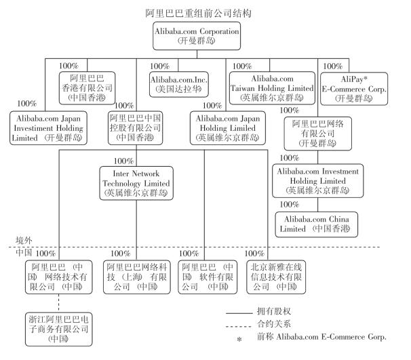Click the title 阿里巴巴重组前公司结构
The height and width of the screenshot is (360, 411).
(205, 12)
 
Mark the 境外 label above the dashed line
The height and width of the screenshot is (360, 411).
(24, 241)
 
